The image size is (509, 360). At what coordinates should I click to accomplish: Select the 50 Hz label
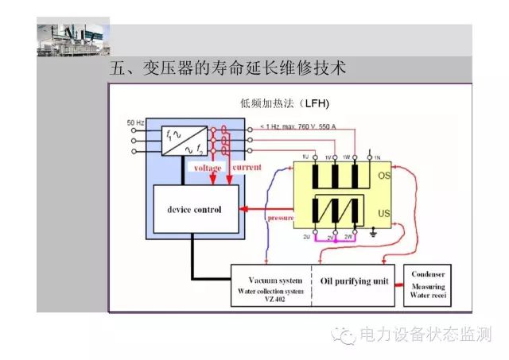(x=135, y=122)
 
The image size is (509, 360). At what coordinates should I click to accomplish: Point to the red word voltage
(x=208, y=168)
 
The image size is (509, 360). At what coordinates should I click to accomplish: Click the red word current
(x=247, y=168)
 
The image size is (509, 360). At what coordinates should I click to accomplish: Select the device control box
(x=194, y=210)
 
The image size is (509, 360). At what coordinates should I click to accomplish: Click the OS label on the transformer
(x=384, y=175)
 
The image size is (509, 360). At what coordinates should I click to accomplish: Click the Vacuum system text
(x=275, y=281)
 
